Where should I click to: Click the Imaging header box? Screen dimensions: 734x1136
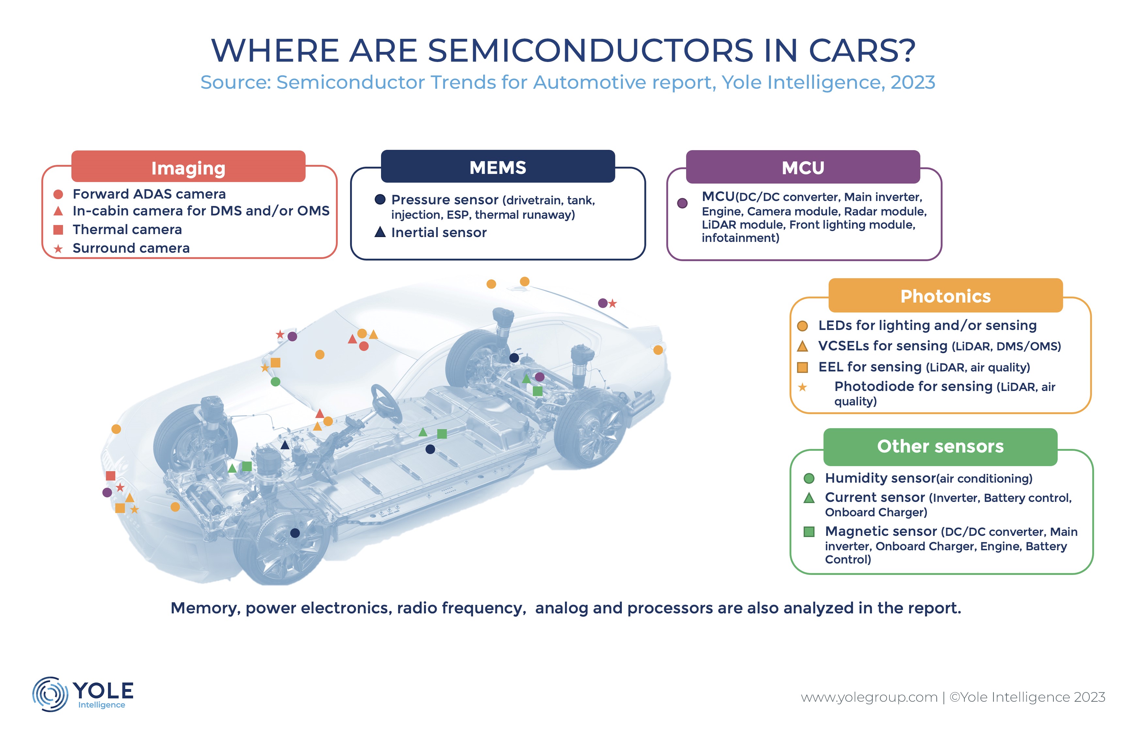tap(188, 167)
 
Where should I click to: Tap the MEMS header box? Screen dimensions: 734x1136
tap(498, 167)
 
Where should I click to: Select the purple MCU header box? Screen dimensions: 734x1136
tap(803, 167)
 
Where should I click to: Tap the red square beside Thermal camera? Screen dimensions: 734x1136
tap(58, 230)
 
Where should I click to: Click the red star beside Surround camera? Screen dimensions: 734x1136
tap(58, 248)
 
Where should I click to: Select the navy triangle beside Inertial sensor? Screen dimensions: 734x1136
tap(380, 232)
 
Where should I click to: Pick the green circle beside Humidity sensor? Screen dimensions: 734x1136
tap(809, 478)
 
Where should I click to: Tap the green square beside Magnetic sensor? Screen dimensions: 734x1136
tap(809, 531)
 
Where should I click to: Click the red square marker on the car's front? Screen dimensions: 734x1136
tap(111, 475)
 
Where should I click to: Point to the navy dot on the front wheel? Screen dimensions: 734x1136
tap(295, 533)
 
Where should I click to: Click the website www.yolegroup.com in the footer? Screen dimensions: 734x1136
tap(869, 697)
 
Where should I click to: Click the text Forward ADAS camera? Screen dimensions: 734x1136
tap(149, 194)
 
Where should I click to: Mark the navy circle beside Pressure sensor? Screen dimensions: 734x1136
tap(380, 199)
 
